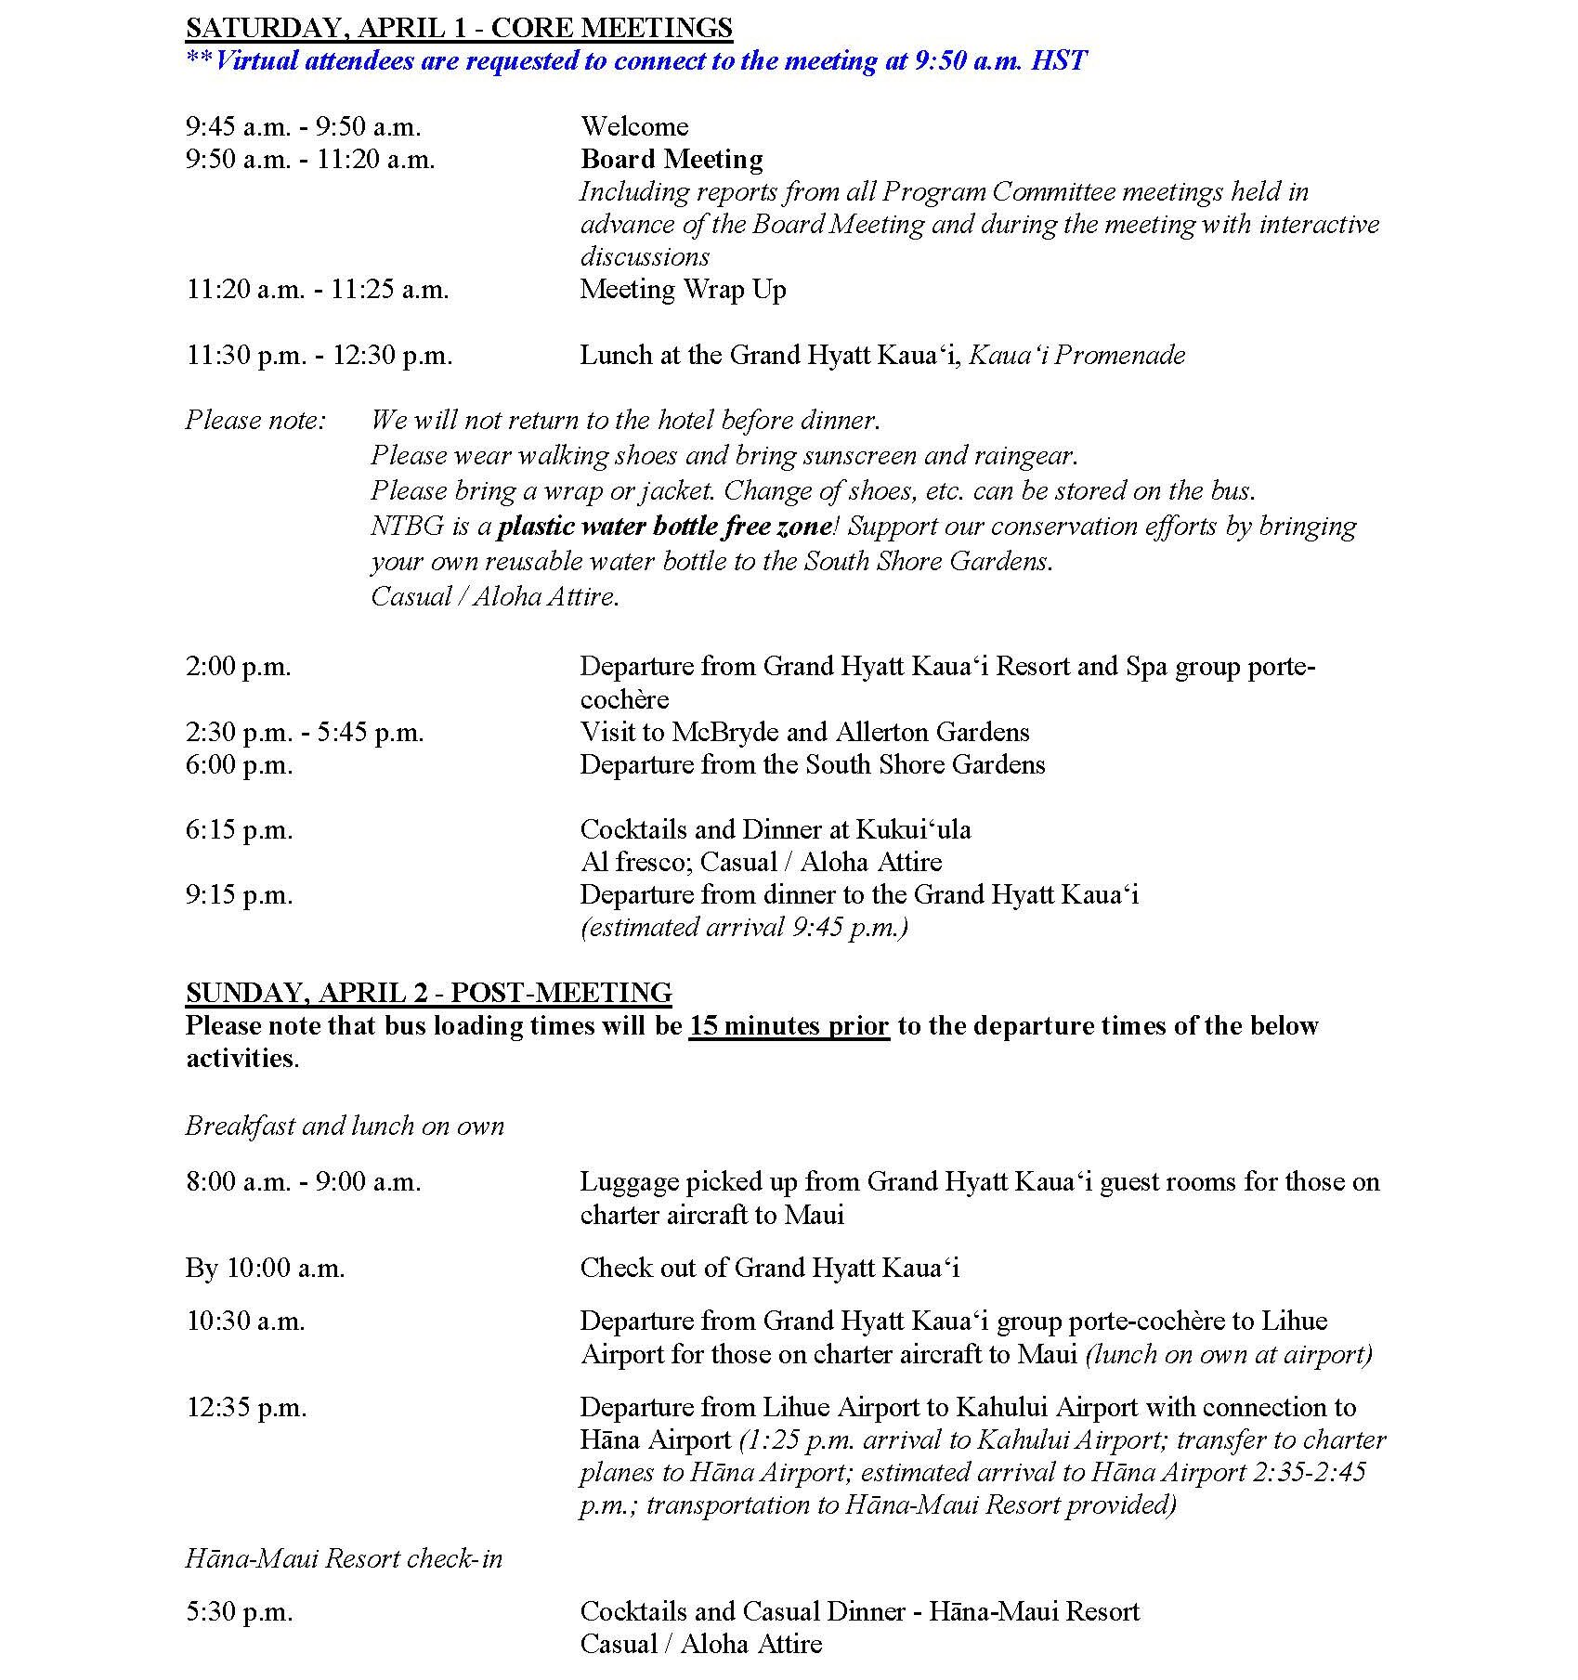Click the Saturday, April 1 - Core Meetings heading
[459, 28]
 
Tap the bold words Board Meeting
[672, 160]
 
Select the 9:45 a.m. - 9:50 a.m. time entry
[303, 126]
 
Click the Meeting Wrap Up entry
[683, 290]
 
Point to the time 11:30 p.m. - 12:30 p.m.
[319, 356]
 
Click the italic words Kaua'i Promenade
[1076, 356]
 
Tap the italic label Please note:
[255, 421]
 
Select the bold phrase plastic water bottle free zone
[664, 527]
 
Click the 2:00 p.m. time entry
[239, 667]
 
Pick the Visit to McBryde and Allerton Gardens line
[804, 733]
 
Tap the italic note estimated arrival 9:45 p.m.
[744, 928]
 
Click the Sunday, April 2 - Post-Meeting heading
[428, 993]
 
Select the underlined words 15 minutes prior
[789, 1026]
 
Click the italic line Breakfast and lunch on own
[345, 1127]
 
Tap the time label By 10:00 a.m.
[265, 1269]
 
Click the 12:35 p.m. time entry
[246, 1408]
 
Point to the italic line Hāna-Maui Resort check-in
[344, 1558]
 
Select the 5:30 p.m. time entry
[240, 1612]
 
